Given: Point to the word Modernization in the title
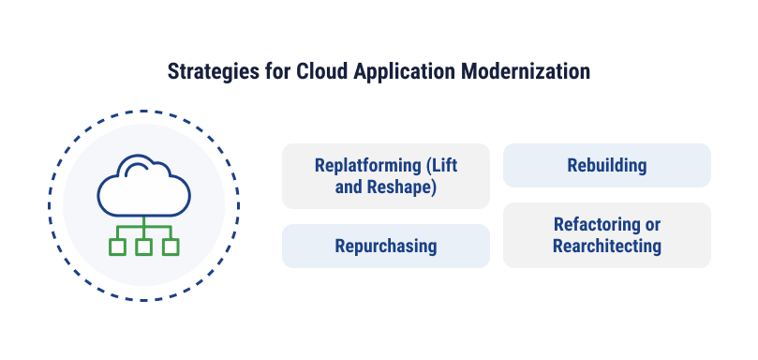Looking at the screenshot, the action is [526, 71].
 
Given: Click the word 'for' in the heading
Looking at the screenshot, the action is [277, 71].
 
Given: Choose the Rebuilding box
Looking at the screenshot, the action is [607, 165].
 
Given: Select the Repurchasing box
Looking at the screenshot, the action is [386, 246].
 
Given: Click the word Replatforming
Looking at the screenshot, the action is [368, 166].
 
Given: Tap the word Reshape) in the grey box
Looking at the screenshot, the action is [401, 187].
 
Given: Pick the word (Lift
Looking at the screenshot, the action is [442, 166].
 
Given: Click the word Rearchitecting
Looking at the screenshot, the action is [607, 246].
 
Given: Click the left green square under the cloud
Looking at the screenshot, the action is [117, 247].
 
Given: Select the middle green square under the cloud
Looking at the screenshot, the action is [144, 247].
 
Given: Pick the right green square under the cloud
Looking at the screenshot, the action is [171, 247].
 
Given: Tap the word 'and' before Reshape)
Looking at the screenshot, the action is [348, 187].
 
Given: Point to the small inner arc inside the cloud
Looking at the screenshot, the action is [138, 166].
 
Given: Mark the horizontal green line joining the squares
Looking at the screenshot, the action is [144, 227].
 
